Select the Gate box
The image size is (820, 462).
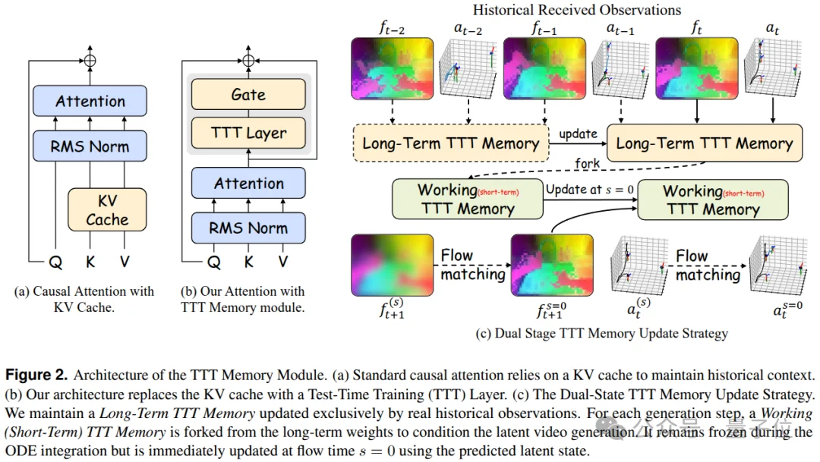coord(248,95)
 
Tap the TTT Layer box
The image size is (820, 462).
coord(248,134)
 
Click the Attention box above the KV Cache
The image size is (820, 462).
coord(90,101)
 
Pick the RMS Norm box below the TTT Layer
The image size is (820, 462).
coord(248,228)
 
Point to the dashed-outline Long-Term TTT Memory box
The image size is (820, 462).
coord(451,143)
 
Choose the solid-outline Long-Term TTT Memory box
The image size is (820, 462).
coord(704,143)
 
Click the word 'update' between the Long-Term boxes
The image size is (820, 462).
coord(579,134)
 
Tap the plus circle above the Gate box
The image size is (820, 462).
coord(248,60)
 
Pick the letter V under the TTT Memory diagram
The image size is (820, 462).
coord(283,262)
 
